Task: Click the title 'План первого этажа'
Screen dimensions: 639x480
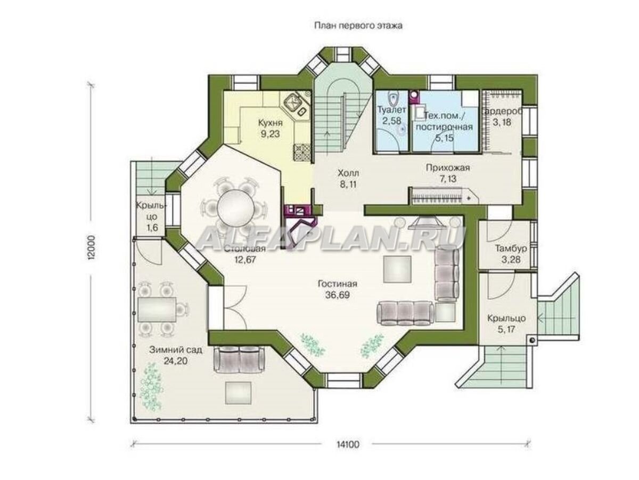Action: tap(358, 26)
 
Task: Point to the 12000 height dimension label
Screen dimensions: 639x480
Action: tap(92, 246)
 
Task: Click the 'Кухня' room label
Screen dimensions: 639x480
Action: tap(270, 123)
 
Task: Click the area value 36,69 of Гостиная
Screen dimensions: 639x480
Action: tap(337, 295)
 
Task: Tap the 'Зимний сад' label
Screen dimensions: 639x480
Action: tap(175, 350)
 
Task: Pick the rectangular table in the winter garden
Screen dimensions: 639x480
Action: tap(157, 309)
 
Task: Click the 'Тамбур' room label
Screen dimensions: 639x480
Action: tap(511, 249)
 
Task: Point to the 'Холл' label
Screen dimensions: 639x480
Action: tap(348, 173)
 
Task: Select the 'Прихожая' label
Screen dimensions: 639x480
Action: tap(448, 167)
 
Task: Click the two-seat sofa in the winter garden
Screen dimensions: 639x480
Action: tap(239, 359)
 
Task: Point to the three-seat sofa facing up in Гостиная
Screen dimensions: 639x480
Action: tap(406, 313)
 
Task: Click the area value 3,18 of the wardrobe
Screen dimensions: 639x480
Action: tap(502, 122)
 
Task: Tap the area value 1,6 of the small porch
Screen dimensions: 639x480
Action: tap(152, 227)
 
